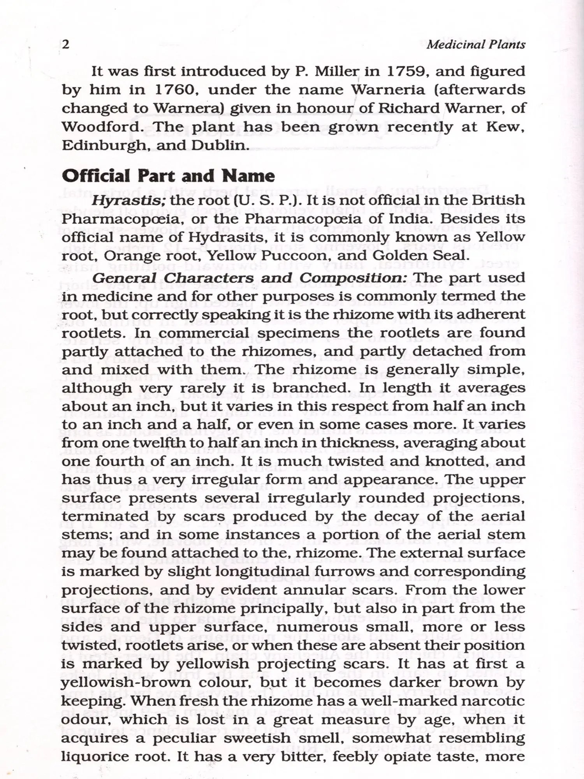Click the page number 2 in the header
click(x=66, y=44)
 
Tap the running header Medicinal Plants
click(x=476, y=44)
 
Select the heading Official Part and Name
click(x=168, y=176)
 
